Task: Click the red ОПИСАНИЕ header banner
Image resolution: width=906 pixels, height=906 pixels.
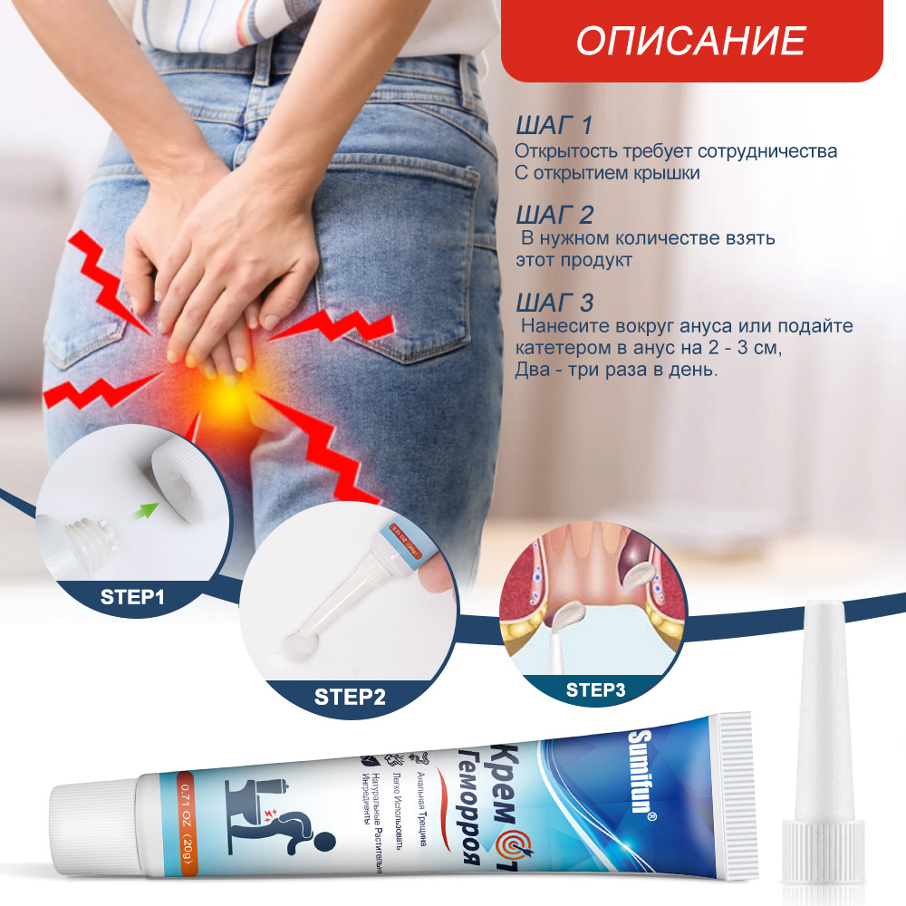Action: coord(691,41)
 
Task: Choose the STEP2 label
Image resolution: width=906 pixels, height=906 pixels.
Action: coord(350,697)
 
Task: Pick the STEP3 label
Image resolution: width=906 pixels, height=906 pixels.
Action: coord(595,690)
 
